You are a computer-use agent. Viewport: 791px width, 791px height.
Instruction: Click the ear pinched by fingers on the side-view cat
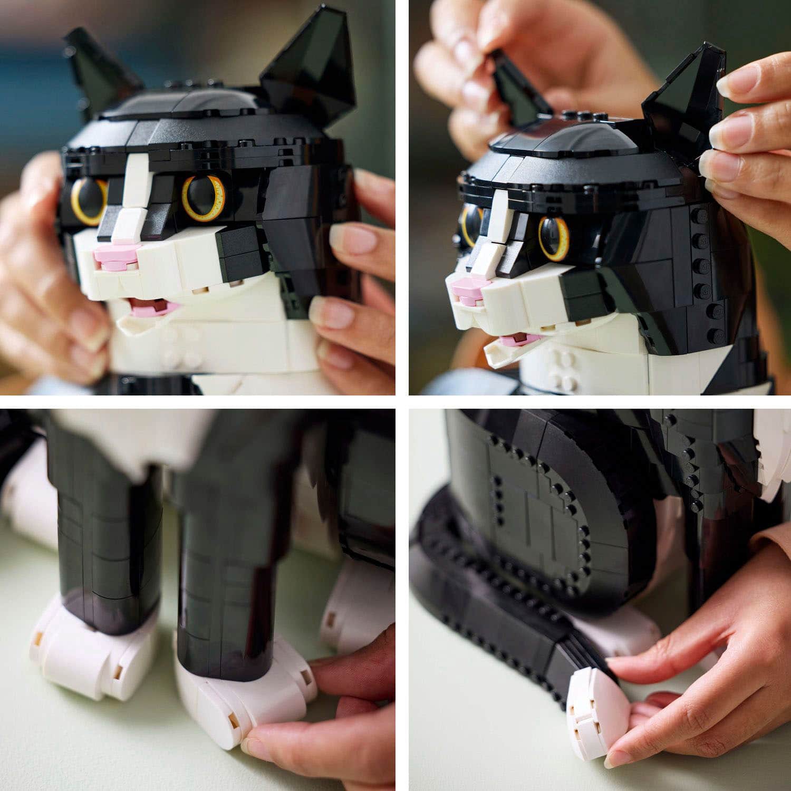680,100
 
